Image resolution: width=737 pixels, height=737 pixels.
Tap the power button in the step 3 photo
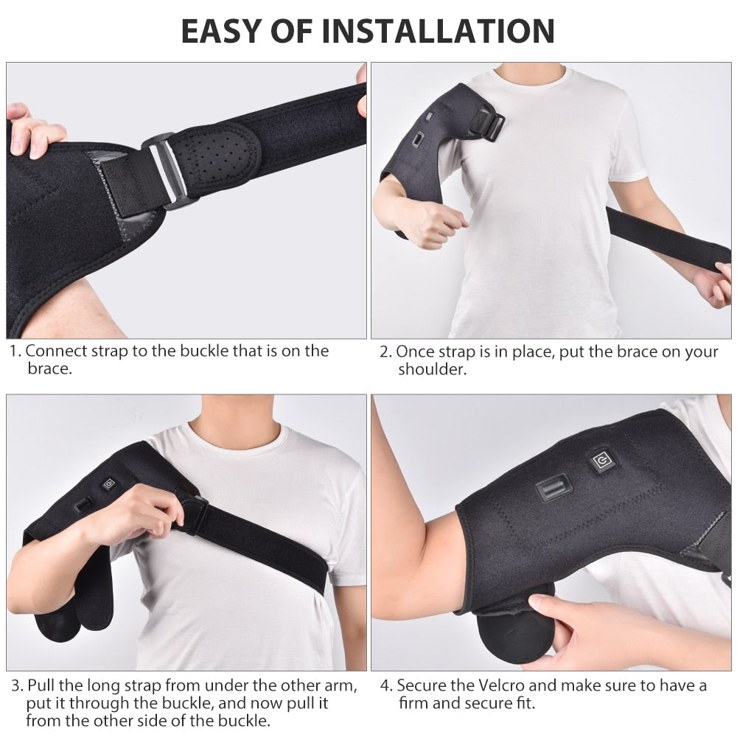point(110,484)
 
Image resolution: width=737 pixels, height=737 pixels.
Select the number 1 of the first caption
point(14,352)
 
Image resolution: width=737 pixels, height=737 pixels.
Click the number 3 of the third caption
point(15,686)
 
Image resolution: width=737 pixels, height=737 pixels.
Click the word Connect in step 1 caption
point(55,351)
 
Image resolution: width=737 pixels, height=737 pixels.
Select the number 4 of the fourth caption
point(385,686)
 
